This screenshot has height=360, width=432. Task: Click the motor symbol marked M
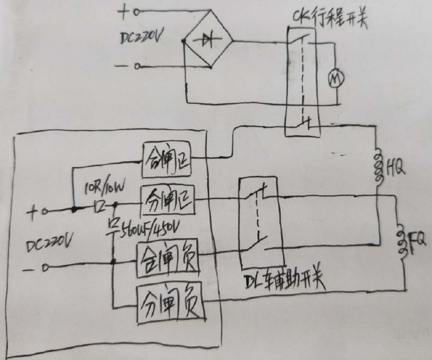tap(337, 78)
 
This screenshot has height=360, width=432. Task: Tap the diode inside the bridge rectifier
tap(207, 42)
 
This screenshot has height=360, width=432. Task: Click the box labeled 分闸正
tap(169, 200)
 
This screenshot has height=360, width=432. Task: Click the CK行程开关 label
tap(328, 18)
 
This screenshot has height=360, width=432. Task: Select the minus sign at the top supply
tap(123, 65)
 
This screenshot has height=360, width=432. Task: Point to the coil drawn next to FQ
tap(401, 239)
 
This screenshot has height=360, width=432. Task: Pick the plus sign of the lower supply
tap(32, 212)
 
